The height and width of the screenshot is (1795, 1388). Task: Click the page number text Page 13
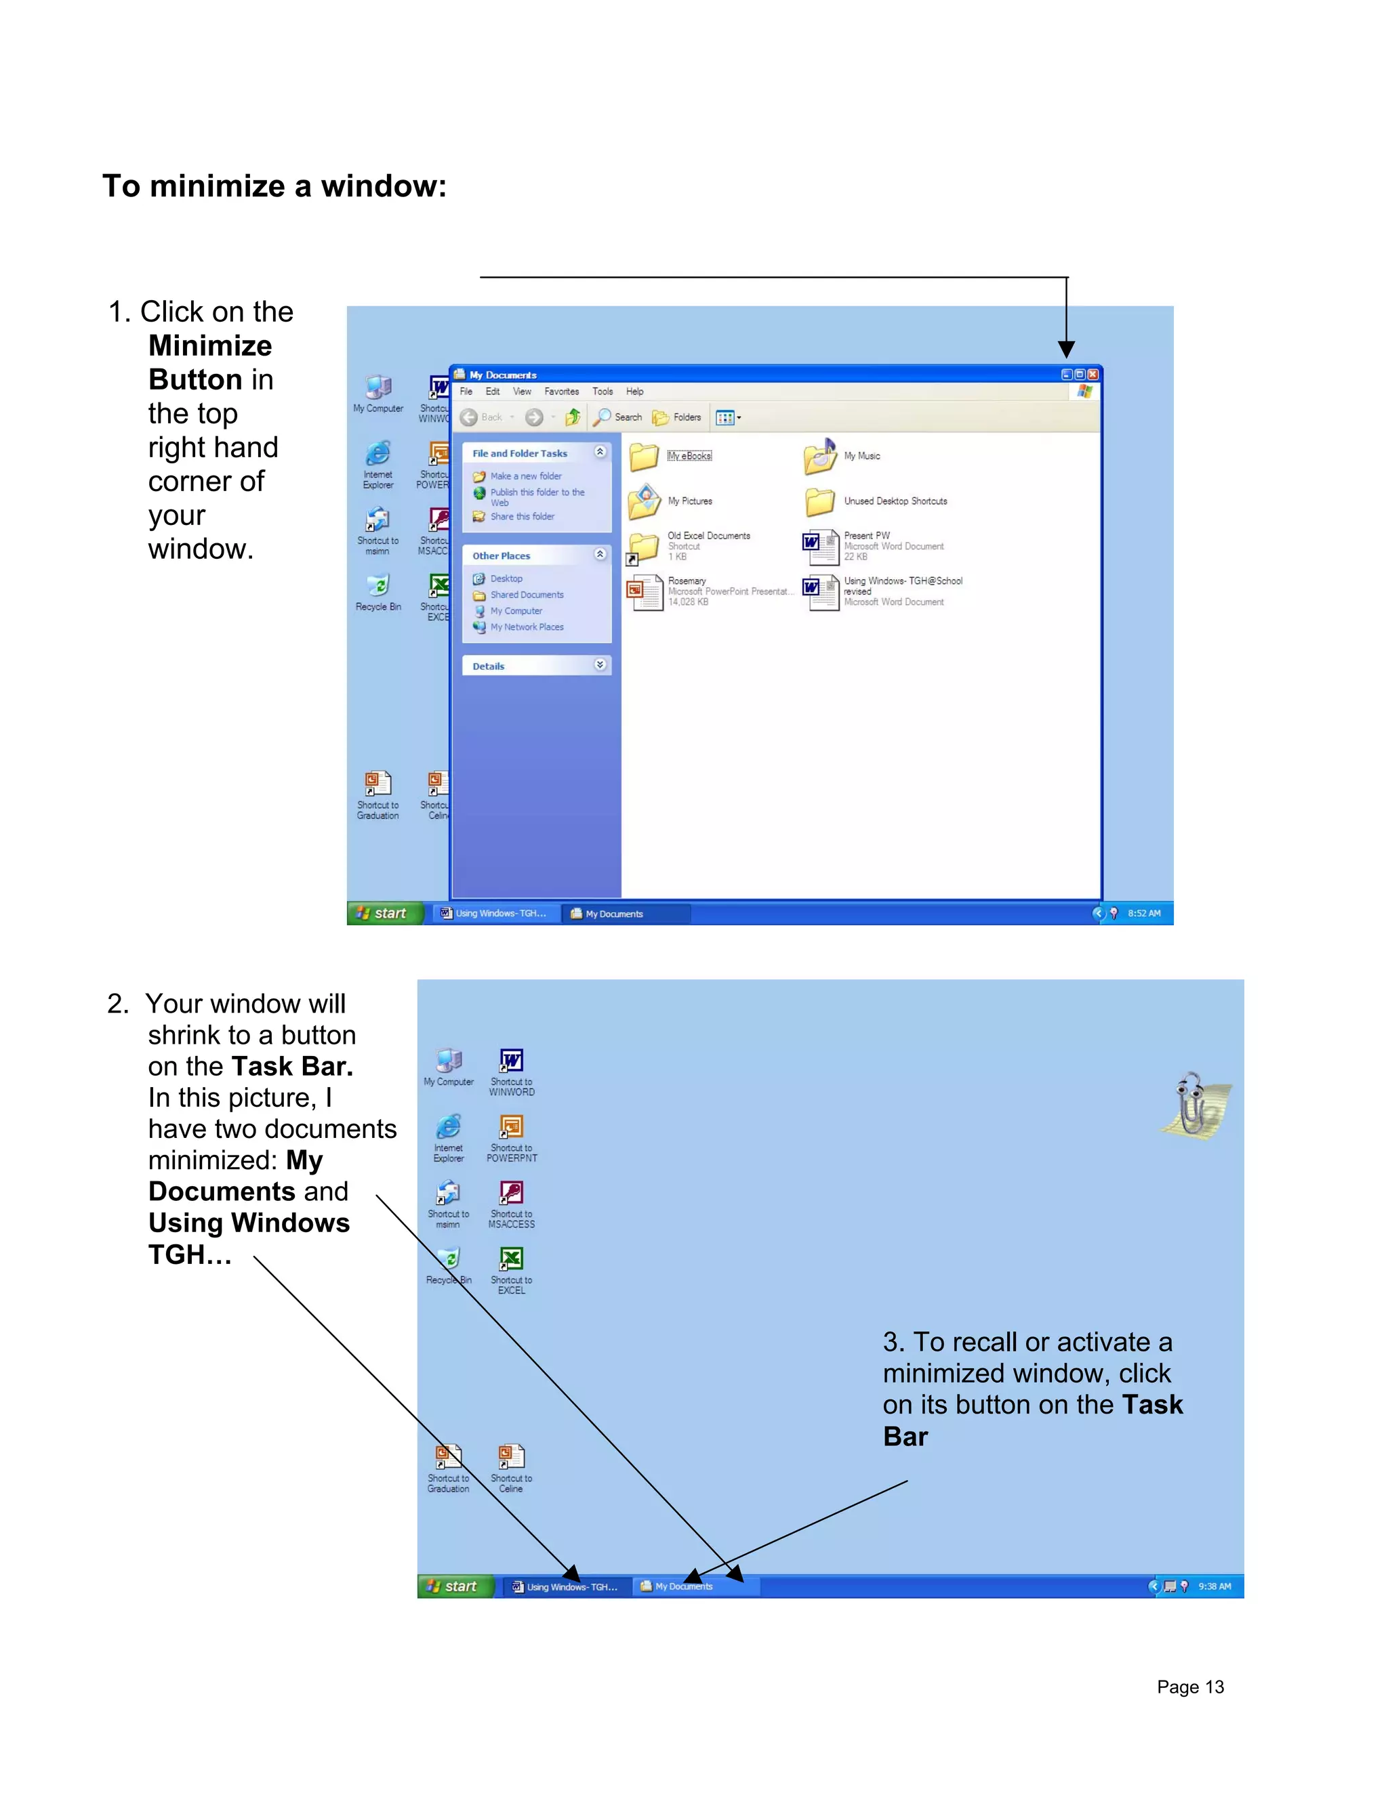click(1190, 1687)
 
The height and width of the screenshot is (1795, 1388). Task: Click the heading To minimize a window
click(274, 186)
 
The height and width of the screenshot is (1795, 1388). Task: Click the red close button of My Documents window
click(1093, 375)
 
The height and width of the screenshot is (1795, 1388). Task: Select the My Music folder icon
click(820, 457)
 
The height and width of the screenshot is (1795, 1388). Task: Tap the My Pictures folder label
click(690, 501)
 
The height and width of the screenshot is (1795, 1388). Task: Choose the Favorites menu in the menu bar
click(562, 392)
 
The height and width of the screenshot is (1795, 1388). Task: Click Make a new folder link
click(525, 477)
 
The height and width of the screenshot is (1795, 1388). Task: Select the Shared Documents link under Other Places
click(526, 595)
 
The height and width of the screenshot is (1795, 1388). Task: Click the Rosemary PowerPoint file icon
click(645, 592)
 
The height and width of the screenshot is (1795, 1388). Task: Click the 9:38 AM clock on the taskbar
click(1214, 1586)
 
